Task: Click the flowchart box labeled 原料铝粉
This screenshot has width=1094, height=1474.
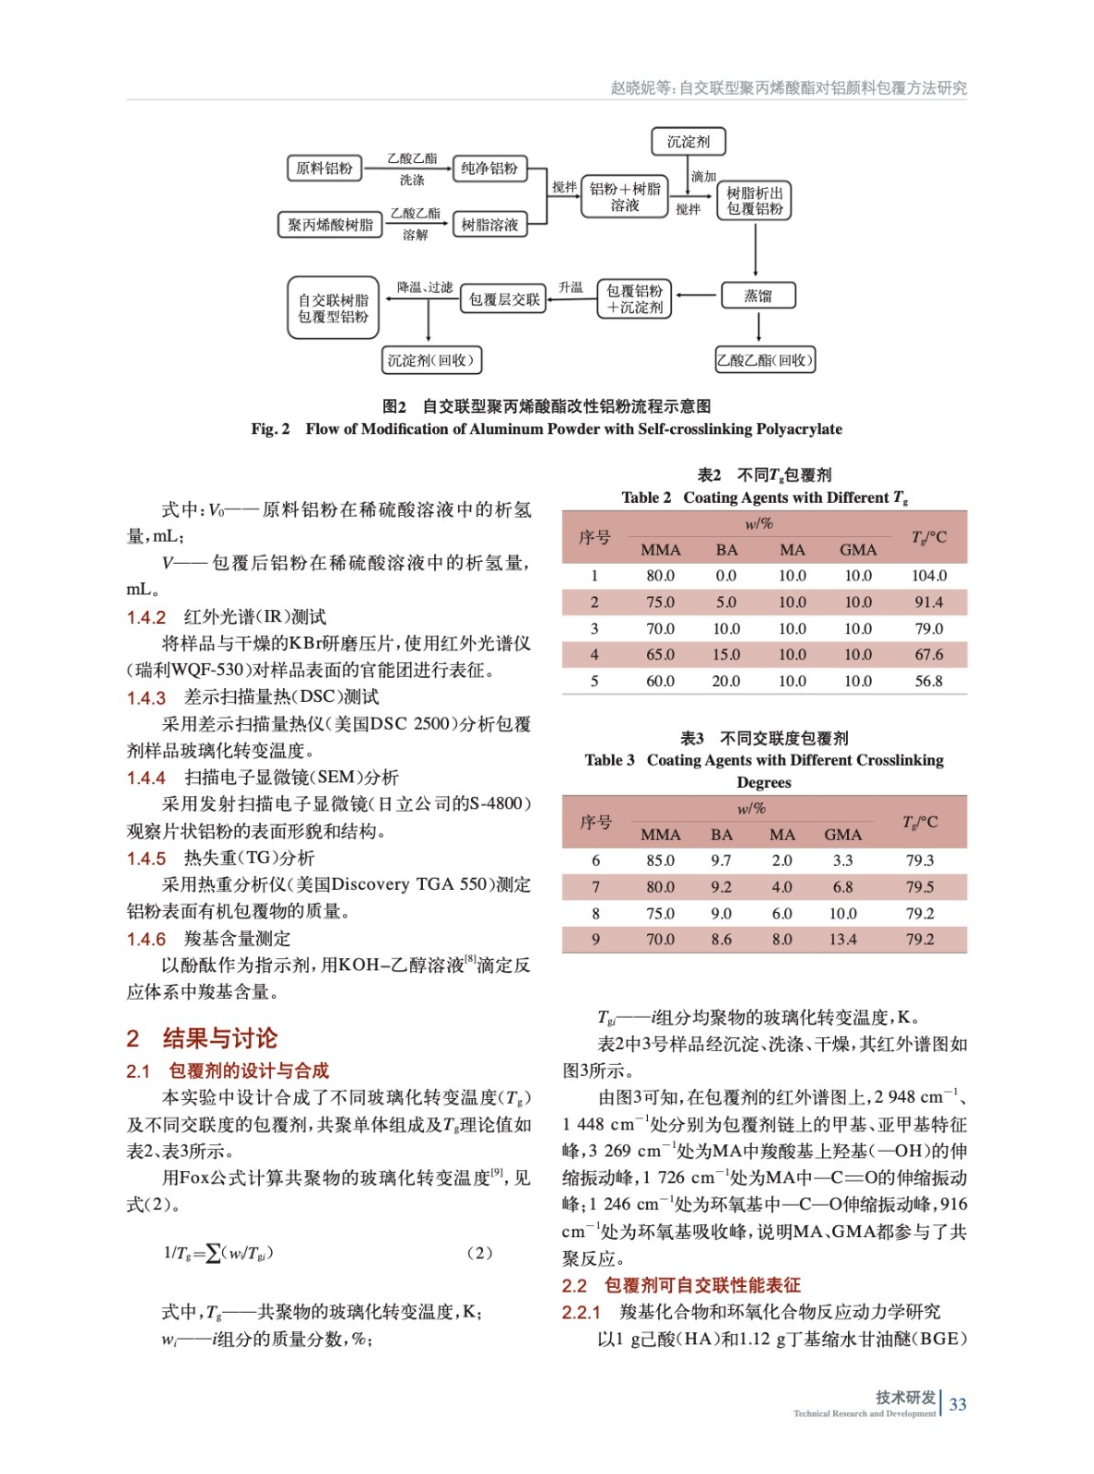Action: pos(323,168)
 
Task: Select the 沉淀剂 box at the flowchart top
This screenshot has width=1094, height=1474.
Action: pos(688,141)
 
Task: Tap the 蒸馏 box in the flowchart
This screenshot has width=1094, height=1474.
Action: pos(758,296)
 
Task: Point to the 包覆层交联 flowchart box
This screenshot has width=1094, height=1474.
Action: pos(503,298)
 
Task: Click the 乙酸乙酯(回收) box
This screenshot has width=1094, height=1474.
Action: pos(765,360)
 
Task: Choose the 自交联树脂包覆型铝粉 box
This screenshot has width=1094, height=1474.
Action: pos(333,308)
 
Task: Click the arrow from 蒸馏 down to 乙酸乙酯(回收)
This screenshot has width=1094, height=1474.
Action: pos(758,327)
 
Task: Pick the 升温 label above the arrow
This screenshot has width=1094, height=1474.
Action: pos(571,287)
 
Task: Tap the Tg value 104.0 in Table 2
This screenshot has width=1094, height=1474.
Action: pos(928,576)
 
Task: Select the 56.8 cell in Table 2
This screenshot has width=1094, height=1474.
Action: pos(928,682)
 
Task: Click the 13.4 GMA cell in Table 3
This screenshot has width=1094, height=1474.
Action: pos(842,940)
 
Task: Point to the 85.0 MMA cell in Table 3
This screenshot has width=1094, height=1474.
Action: pos(660,860)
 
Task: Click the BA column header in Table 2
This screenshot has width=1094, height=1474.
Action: pos(726,550)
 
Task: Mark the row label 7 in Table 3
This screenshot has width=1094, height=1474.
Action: pos(595,887)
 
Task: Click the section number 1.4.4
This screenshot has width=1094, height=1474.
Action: pos(146,778)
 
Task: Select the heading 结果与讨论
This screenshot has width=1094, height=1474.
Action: pos(219,1038)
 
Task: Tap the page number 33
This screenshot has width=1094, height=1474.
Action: pos(958,1404)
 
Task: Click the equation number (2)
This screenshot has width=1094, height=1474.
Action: pos(479,1253)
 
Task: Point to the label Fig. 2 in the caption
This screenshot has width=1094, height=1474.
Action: pos(270,429)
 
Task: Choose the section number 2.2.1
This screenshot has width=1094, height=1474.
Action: pos(581,1312)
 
